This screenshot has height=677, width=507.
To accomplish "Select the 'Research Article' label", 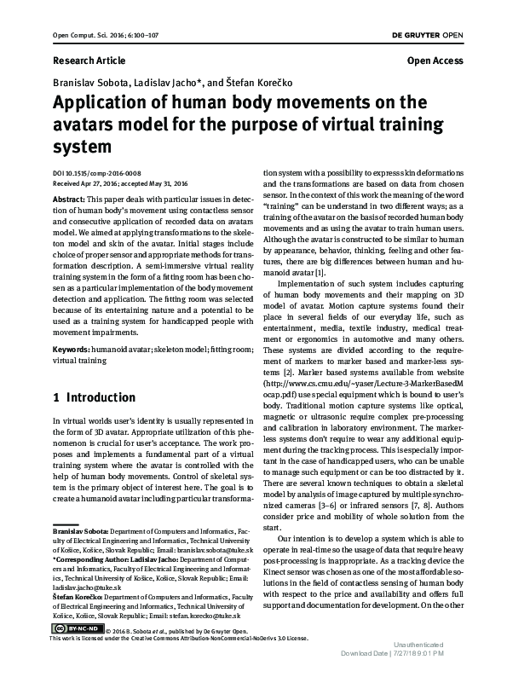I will pyautogui.click(x=89, y=61).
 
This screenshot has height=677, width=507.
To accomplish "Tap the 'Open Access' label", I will pyautogui.click(x=435, y=61).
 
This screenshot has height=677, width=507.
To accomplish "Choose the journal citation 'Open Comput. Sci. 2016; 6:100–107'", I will pyautogui.click(x=94, y=33).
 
